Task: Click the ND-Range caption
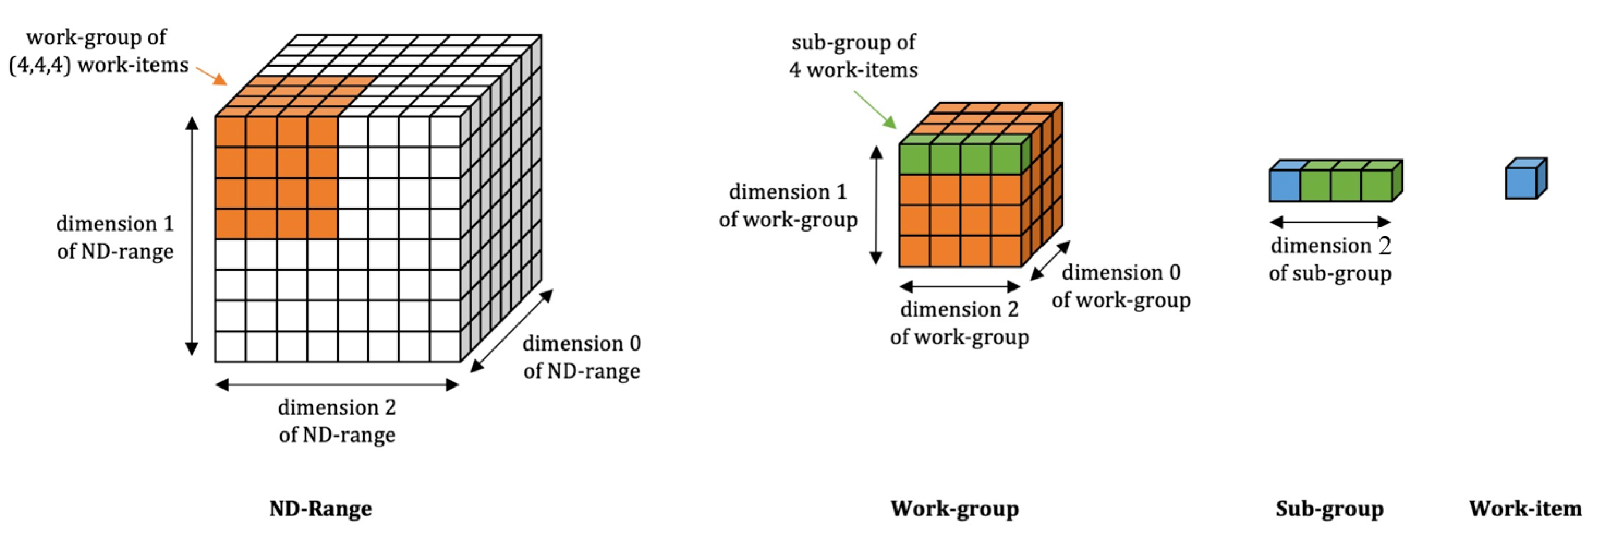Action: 321,509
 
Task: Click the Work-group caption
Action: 955,509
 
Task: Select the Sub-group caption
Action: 1330,509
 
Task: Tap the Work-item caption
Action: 1525,509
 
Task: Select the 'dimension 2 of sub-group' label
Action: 1330,259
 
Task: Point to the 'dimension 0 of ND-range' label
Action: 582,357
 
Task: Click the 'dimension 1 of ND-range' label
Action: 115,237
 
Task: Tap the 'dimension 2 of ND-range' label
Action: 337,421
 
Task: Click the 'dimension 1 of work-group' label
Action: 788,205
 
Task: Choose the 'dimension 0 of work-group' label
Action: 1121,286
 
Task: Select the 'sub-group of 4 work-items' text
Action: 853,56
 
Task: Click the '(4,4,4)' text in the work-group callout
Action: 40,65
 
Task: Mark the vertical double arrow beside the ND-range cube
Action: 192,236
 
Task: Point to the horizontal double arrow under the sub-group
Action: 1330,222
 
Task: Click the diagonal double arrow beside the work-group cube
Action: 1050,260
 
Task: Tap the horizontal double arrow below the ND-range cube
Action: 337,385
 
